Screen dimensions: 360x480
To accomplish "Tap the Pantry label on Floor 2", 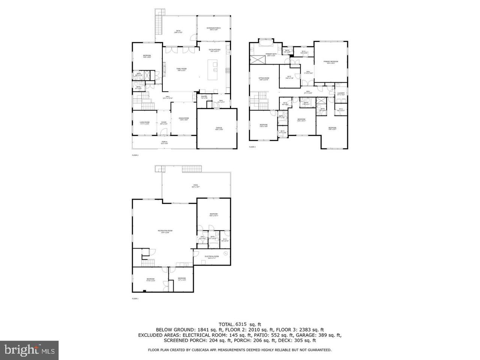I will coord(204,97).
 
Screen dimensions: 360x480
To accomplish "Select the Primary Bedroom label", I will coord(331,62).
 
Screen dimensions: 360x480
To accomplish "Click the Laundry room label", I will coord(341,94).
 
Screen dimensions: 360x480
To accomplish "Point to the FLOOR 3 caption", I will coord(252,147).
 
